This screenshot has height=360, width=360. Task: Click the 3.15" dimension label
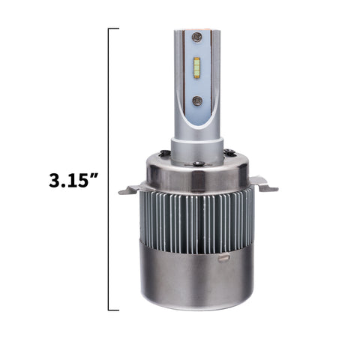point(73,181)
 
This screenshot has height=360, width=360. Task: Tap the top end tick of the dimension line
point(113,29)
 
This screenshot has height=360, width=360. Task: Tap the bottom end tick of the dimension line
point(113,310)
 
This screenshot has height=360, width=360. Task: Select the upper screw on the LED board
point(196,37)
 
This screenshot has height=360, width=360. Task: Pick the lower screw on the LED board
point(197,100)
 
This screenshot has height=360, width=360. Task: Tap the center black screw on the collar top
point(199,163)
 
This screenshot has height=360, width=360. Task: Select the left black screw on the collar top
point(165,151)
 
